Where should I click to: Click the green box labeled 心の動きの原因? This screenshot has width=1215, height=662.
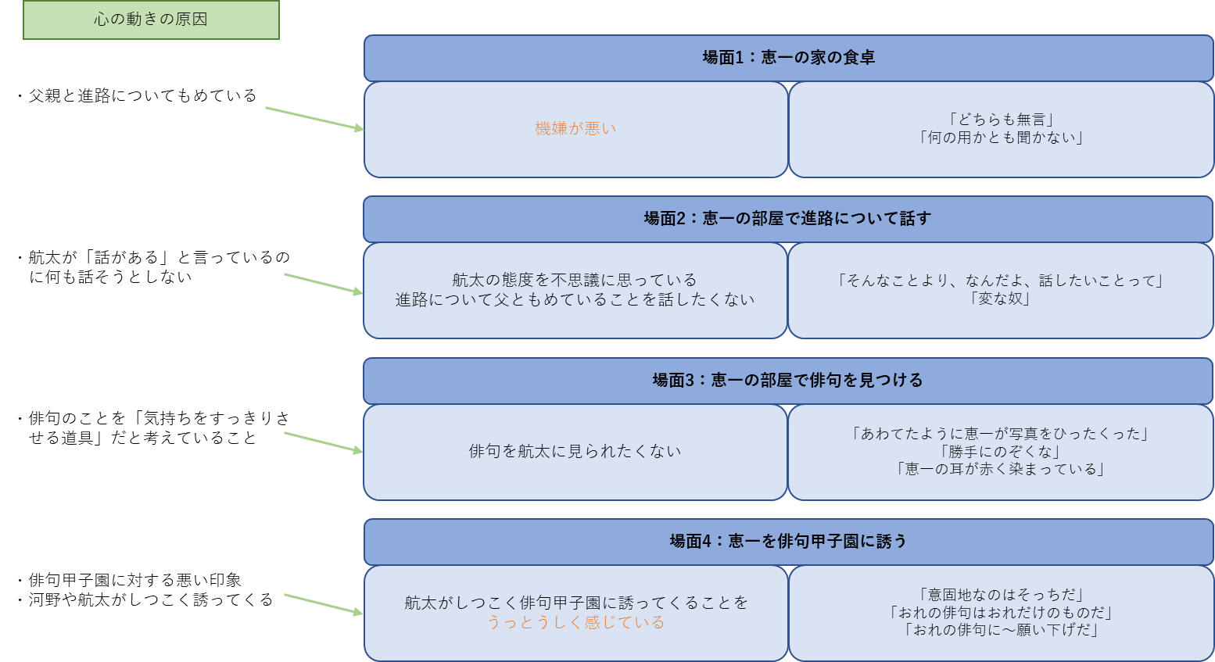point(151,20)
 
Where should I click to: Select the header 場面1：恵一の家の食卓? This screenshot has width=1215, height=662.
point(788,57)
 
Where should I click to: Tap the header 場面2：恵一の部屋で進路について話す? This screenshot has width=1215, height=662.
point(787,219)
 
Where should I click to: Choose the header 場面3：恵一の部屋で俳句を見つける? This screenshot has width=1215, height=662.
point(787,381)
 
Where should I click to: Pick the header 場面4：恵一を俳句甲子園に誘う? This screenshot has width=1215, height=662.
point(788,542)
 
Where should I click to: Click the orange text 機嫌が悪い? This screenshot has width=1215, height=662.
point(575,129)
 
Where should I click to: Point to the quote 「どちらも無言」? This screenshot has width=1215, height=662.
point(1001,120)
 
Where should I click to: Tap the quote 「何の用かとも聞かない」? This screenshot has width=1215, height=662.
point(1001,138)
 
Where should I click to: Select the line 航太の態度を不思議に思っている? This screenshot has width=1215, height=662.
point(575,280)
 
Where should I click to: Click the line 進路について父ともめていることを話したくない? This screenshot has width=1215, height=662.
point(575,299)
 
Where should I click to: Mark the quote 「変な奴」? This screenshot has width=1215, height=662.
point(1001,299)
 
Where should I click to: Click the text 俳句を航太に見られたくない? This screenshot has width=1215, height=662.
point(575,451)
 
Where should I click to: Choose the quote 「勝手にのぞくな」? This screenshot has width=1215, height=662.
point(1001,452)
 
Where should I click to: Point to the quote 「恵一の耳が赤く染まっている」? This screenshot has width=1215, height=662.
point(1001,469)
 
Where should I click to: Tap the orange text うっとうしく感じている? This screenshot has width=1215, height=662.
point(575,622)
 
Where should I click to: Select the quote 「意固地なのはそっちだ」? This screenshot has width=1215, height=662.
point(1001,595)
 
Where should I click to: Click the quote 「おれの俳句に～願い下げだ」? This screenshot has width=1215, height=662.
point(1001,630)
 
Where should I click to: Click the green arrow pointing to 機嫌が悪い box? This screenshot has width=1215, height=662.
point(314,118)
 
